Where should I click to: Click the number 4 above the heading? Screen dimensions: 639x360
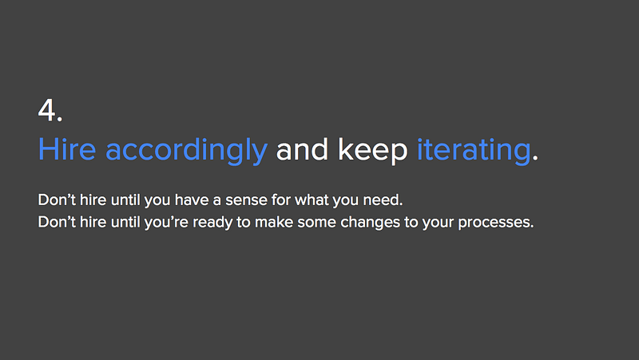pos(47,110)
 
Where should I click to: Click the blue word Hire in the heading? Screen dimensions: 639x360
pos(67,149)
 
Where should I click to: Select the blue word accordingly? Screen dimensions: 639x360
pos(186,152)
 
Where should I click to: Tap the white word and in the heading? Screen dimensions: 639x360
pos(302,149)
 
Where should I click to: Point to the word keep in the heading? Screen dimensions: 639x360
pos(372,152)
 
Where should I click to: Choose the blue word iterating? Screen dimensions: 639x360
pos(474,152)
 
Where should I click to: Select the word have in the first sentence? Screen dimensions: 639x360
pos(192,200)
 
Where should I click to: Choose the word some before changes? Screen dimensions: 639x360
pos(316,223)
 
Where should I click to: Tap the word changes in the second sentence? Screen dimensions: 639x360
pos(371,223)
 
